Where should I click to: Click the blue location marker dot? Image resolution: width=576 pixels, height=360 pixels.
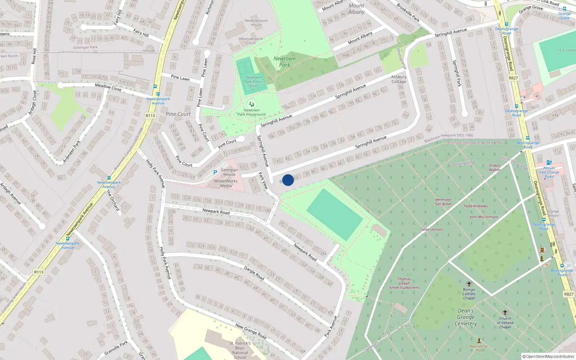(x=288, y=180)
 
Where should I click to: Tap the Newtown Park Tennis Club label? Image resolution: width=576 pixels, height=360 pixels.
(x=253, y=82)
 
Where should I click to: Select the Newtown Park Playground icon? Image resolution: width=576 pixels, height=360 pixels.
(x=252, y=104)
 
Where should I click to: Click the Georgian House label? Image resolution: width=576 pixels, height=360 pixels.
(x=229, y=172)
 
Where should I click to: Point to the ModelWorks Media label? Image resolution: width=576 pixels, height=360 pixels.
(x=226, y=184)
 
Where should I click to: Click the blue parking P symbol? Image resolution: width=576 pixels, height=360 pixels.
(x=215, y=172)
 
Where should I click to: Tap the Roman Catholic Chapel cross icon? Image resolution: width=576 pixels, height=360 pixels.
(x=469, y=284)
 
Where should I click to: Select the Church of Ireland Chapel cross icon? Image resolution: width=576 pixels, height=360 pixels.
(x=505, y=312)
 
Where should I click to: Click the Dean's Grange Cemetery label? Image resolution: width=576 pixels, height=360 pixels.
(x=466, y=317)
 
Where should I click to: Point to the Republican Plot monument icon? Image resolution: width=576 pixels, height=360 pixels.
(x=479, y=340)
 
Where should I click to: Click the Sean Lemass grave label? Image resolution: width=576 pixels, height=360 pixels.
(x=432, y=229)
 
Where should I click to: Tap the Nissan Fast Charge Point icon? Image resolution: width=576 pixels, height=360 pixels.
(x=549, y=163)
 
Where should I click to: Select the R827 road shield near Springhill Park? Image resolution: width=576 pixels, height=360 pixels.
(x=513, y=78)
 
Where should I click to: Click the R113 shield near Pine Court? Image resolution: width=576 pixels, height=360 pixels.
(x=150, y=116)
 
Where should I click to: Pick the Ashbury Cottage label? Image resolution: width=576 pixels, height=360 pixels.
(x=399, y=79)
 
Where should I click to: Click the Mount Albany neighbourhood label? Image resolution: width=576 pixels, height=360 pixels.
(x=356, y=9)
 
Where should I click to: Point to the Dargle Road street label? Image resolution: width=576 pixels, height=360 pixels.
(x=254, y=273)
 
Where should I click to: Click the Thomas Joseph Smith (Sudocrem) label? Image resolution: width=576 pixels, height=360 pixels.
(x=404, y=283)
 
